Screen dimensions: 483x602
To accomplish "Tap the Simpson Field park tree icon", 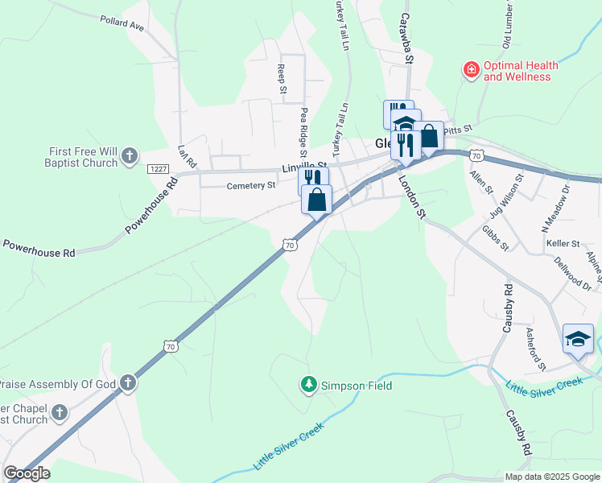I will pos(307,386).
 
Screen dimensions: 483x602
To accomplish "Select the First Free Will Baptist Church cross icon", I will pos(130,157).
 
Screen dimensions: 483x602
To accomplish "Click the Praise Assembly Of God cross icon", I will pos(128,384).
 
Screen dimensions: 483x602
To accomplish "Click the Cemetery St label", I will pos(251,185).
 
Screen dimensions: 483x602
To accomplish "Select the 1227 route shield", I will pos(158,168).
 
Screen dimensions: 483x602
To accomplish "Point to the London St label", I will pos(410,197).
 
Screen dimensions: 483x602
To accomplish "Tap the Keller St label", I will pos(563,243).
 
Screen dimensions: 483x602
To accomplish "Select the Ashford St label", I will pos(536,349).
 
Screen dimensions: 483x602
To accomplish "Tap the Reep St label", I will pos(282,80).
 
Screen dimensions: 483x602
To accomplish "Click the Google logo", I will pos(27,473).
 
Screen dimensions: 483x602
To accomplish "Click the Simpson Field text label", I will pos(357,386).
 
